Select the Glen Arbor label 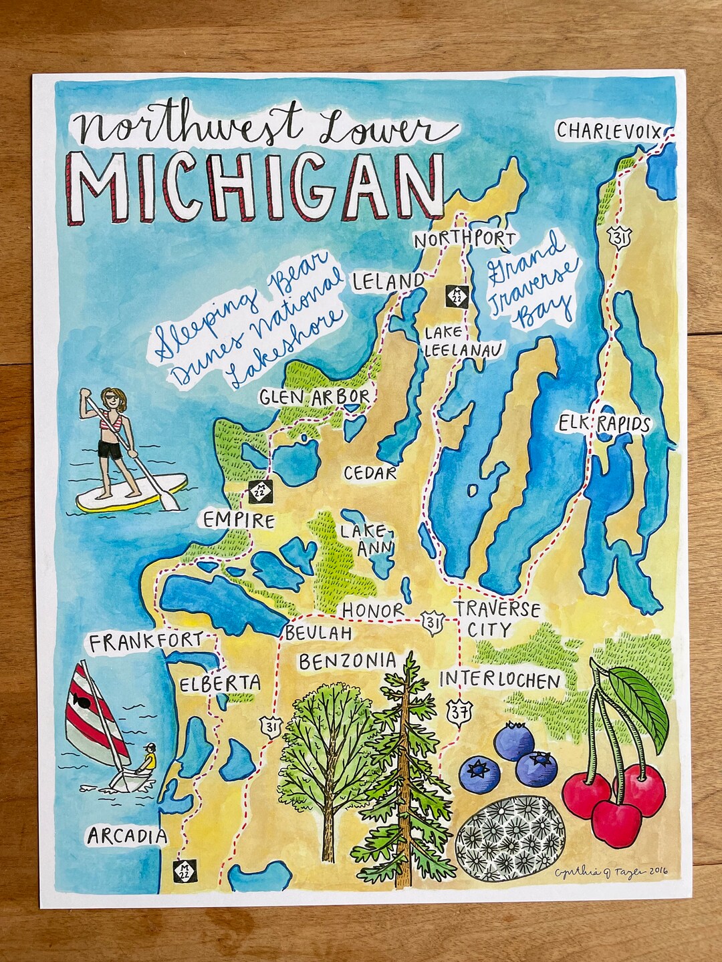pos(314,397)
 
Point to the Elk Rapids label pos(605,424)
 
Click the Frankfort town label pos(146,643)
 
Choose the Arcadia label pos(127,835)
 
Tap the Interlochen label pos(499,680)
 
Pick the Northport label pos(465,239)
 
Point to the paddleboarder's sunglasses pos(111,399)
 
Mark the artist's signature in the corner pos(612,871)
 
